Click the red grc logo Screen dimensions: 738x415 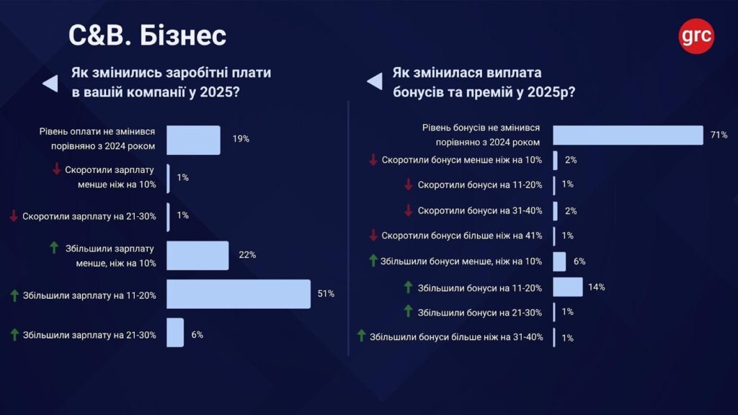click(x=696, y=36)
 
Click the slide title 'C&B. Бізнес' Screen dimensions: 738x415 click(x=147, y=36)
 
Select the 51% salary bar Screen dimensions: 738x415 click(x=239, y=294)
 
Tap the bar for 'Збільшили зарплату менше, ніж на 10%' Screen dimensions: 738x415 click(x=197, y=256)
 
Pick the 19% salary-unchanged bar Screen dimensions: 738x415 click(x=193, y=140)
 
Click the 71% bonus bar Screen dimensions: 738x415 click(x=628, y=135)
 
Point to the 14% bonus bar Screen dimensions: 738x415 click(x=568, y=287)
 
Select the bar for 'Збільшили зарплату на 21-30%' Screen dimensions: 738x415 click(x=175, y=333)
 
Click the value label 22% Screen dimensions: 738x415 click(x=247, y=255)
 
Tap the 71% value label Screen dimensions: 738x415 click(x=719, y=135)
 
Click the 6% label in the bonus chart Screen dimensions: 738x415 click(x=579, y=261)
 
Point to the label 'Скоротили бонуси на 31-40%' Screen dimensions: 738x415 click(x=480, y=211)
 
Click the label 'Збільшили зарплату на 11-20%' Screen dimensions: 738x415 click(x=89, y=295)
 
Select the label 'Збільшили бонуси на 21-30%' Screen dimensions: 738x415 click(x=480, y=313)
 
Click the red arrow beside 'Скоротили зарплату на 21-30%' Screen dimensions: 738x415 click(x=14, y=215)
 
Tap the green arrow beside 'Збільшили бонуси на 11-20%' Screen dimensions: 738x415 click(x=408, y=287)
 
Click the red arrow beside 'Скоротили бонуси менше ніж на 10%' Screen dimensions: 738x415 click(x=373, y=159)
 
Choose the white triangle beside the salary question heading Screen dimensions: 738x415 click(x=50, y=84)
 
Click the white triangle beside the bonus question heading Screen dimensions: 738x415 click(x=375, y=81)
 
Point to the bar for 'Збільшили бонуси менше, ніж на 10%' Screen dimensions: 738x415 click(x=559, y=262)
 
